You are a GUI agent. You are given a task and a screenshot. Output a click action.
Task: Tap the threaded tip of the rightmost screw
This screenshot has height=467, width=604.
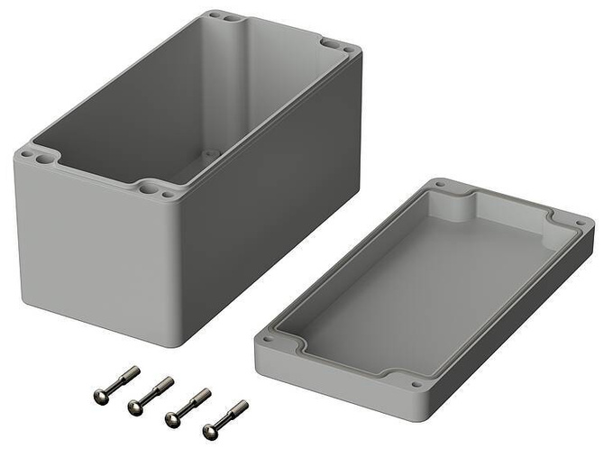coord(242,406)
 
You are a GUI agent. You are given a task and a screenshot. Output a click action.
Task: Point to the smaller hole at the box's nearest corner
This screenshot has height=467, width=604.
coord(167,194)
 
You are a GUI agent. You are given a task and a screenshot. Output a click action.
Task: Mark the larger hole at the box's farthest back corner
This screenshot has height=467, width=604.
coord(229,18)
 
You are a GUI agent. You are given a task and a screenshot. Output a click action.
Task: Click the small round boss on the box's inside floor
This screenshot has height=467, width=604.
coord(211,153)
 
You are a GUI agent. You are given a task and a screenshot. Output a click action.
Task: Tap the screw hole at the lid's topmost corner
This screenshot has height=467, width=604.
coord(440,184)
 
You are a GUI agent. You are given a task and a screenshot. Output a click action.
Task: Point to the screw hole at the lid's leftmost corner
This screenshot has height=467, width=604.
coord(267,341)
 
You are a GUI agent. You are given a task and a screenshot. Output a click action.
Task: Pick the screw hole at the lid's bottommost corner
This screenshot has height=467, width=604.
coord(416,386)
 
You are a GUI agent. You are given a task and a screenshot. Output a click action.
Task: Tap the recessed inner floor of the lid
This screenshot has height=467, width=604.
coord(406,288)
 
